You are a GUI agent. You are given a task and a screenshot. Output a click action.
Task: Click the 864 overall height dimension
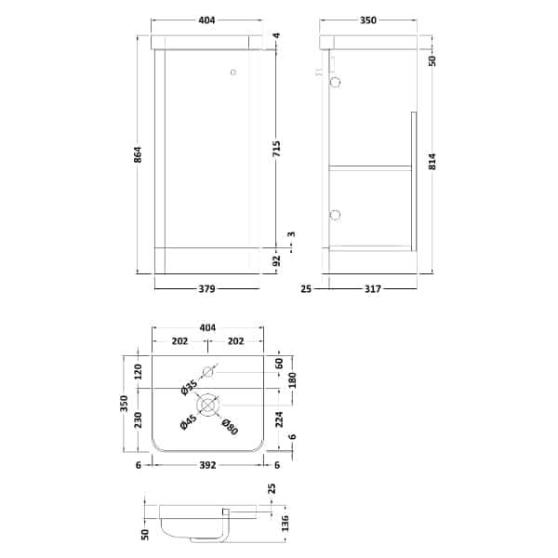point(139,154)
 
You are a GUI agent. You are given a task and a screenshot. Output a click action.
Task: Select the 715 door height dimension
point(277,149)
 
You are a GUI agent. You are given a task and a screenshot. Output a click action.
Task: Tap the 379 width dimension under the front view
point(206,288)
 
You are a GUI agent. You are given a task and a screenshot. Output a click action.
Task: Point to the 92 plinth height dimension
point(277,260)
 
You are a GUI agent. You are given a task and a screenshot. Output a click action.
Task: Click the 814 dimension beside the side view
point(432,162)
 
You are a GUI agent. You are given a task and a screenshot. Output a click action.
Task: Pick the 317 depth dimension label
point(373,289)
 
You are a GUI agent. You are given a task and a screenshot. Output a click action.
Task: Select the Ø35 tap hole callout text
point(189,388)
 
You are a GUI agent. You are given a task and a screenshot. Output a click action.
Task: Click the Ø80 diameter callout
point(229,427)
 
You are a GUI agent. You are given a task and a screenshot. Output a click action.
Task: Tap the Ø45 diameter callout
point(189,422)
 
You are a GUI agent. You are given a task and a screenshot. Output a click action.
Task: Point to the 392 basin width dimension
point(207,465)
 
